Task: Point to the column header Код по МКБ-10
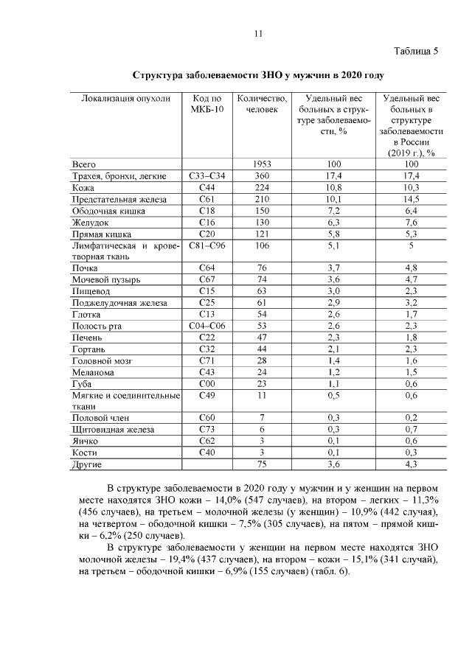(x=206, y=104)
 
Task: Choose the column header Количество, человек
(x=258, y=104)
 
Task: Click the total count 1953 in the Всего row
(x=258, y=164)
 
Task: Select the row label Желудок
(x=91, y=223)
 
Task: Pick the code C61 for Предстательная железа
(x=206, y=199)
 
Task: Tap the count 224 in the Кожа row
(x=258, y=188)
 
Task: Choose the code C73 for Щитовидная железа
(x=206, y=430)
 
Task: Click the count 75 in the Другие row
(x=258, y=465)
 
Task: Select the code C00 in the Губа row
(x=206, y=384)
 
